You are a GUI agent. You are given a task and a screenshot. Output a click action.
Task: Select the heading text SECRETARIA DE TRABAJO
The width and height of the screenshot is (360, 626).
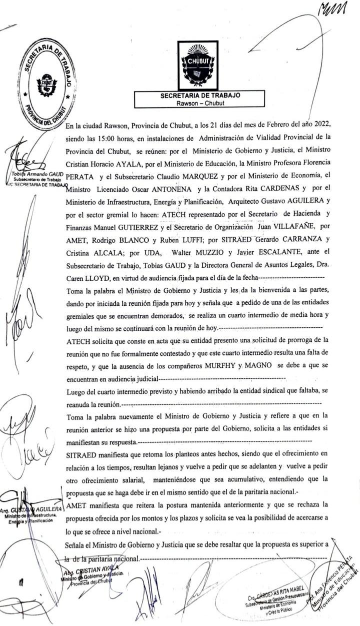(200, 95)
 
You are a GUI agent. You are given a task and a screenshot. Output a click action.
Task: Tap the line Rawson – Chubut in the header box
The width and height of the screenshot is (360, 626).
(200, 103)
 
